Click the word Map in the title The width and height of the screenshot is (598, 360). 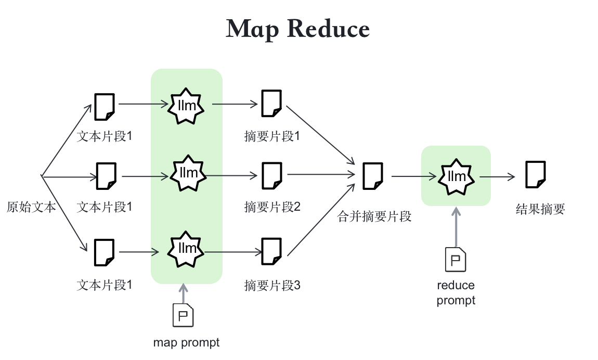pos(252,29)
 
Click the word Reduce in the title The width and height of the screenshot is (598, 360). pos(328,29)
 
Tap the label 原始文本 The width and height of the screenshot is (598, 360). pos(31,207)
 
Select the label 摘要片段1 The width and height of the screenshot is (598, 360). pos(272,136)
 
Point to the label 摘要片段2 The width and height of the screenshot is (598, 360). pos(272,207)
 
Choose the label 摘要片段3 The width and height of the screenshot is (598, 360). pos(272,285)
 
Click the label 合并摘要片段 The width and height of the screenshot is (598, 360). pos(374,216)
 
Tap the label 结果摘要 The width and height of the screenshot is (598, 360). pos(540,209)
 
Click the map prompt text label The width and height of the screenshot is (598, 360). pos(186,343)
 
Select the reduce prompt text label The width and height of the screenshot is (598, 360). pos(456,292)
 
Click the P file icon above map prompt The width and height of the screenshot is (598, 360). pos(183,315)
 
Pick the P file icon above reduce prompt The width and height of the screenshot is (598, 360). pos(456,260)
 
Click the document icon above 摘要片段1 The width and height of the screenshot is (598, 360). pos(271,104)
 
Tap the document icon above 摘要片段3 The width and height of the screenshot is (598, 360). pos(271,251)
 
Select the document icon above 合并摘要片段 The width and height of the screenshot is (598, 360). pos(373,176)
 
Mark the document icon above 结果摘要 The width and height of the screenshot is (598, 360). pos(536,174)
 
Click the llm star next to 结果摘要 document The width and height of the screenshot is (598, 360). pos(456,176)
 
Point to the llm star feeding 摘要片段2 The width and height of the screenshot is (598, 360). pos(188,173)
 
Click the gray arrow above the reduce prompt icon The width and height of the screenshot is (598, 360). pos(456,227)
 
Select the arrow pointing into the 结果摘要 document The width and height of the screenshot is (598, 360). pos(497,176)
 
